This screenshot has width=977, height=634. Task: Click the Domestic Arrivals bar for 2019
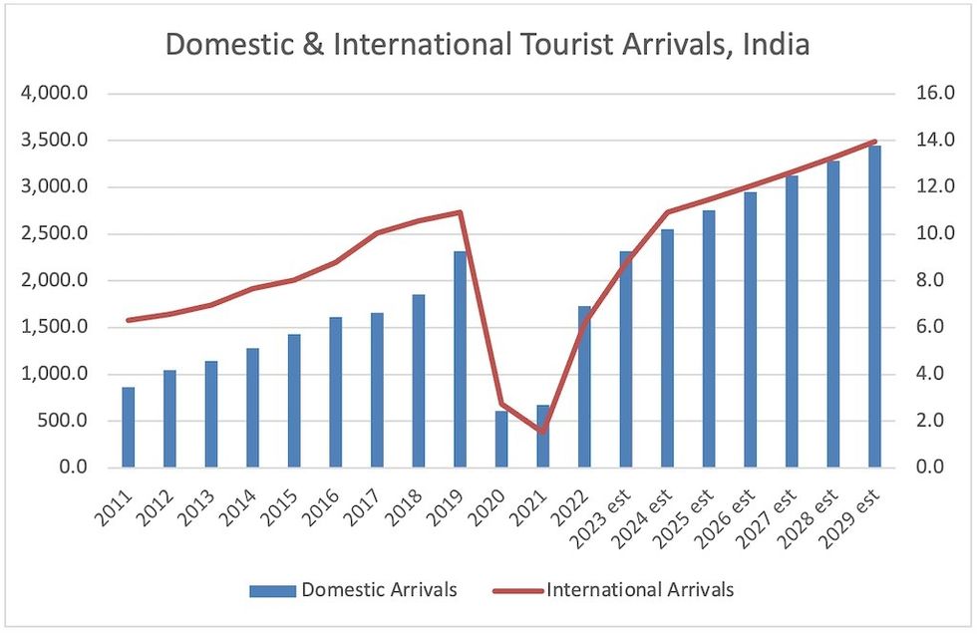pos(460,359)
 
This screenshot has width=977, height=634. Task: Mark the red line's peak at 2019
pos(460,211)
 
